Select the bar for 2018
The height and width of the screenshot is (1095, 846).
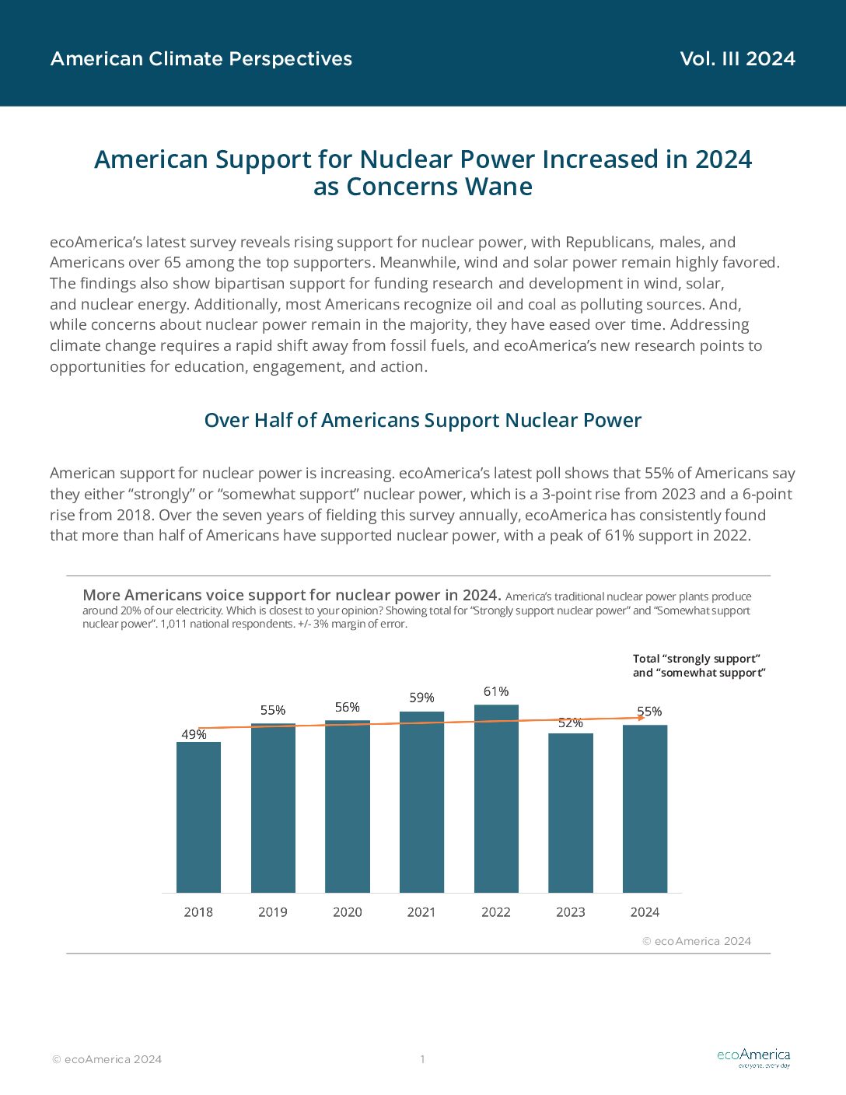coord(198,817)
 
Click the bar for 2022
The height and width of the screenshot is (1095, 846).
coord(496,798)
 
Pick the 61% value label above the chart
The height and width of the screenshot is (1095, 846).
coord(496,691)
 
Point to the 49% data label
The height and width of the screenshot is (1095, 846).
coord(194,734)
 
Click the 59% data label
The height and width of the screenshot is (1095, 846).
coord(421,698)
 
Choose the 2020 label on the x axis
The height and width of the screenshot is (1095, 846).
coord(347,912)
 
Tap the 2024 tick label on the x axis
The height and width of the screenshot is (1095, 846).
coord(645,912)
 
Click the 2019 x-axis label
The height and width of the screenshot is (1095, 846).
coord(273,912)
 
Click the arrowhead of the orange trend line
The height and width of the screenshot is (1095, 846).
coord(642,718)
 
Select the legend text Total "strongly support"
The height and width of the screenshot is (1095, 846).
coord(697,659)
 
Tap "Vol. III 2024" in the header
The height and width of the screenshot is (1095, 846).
coord(738,59)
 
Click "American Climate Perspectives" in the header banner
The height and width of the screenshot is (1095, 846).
coord(201,59)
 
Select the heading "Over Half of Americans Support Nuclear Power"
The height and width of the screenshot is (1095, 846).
coord(423,420)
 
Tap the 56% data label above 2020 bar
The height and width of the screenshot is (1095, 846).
coord(347,707)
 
